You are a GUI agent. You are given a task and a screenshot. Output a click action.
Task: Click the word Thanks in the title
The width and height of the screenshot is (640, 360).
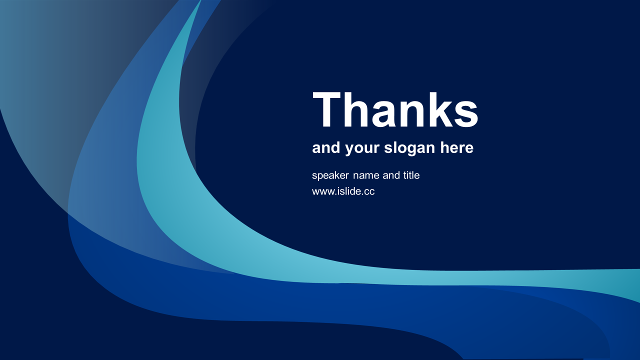click(395, 109)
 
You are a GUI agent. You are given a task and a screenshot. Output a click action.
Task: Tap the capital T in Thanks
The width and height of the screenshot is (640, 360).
click(327, 109)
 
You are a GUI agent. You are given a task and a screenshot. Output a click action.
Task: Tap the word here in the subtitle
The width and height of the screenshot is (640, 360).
click(456, 147)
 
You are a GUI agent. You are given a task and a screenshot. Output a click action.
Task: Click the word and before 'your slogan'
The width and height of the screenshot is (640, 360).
click(326, 147)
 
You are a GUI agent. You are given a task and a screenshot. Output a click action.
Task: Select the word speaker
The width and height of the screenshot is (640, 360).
click(330, 175)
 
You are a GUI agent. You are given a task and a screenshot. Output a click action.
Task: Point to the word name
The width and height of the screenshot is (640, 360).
click(366, 175)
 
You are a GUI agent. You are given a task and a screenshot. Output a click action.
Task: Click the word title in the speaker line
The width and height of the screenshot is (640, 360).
click(411, 175)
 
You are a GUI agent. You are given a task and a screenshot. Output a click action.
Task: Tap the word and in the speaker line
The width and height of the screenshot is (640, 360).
click(391, 175)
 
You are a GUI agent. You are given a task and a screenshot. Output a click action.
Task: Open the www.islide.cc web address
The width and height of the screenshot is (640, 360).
click(343, 191)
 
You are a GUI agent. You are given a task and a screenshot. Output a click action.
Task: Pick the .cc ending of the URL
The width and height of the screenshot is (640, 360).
click(367, 192)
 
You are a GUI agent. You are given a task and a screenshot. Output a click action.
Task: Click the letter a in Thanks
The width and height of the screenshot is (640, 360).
click(383, 113)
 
